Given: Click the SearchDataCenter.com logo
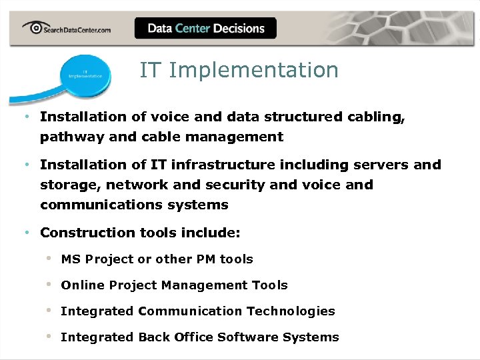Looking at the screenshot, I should click(x=66, y=29).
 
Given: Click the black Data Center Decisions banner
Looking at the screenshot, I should click(x=205, y=28).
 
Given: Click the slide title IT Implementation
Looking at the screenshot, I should click(x=239, y=70).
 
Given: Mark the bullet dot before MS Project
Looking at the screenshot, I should click(x=49, y=259).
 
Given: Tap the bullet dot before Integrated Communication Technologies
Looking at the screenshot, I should click(x=49, y=311).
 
